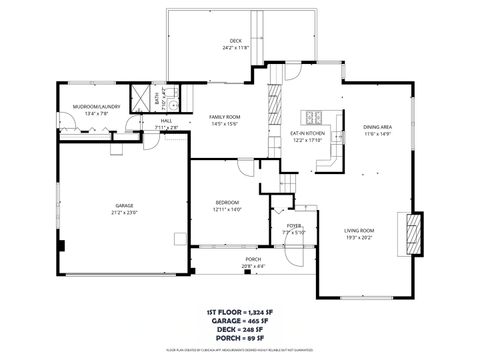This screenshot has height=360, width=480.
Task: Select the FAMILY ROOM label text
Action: click(224, 117)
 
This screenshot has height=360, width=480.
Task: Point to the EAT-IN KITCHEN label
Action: click(307, 133)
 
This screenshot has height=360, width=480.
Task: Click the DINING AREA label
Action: click(376, 127)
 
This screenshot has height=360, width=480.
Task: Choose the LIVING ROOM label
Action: click(359, 231)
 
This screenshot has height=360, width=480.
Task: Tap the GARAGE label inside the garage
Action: click(123, 206)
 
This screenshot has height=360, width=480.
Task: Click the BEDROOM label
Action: click(228, 203)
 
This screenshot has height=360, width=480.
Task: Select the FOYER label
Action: click(294, 227)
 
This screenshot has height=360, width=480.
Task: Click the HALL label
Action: click(166, 121)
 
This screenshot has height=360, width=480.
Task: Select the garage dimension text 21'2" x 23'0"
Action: click(123, 212)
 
